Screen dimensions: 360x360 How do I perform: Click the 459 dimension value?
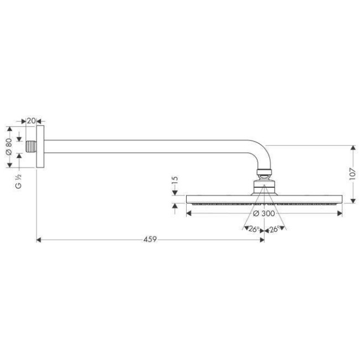pyautogui.click(x=150, y=239)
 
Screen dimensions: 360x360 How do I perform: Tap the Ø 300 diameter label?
pyautogui.click(x=264, y=213)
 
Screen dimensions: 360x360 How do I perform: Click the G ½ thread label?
pyautogui.click(x=18, y=182)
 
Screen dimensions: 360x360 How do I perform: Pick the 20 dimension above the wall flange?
pyautogui.click(x=31, y=121)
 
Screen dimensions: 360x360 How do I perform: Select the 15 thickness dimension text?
pyautogui.click(x=175, y=181)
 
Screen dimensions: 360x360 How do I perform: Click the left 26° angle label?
pyautogui.click(x=253, y=229)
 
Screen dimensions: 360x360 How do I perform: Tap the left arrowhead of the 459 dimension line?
pyautogui.click(x=38, y=240)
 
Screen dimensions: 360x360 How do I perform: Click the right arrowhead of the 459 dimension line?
pyautogui.click(x=261, y=240)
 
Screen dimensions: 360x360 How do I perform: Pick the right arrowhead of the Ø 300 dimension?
pyautogui.click(x=341, y=213)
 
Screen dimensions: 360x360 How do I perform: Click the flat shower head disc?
pyautogui.click(x=265, y=199)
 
